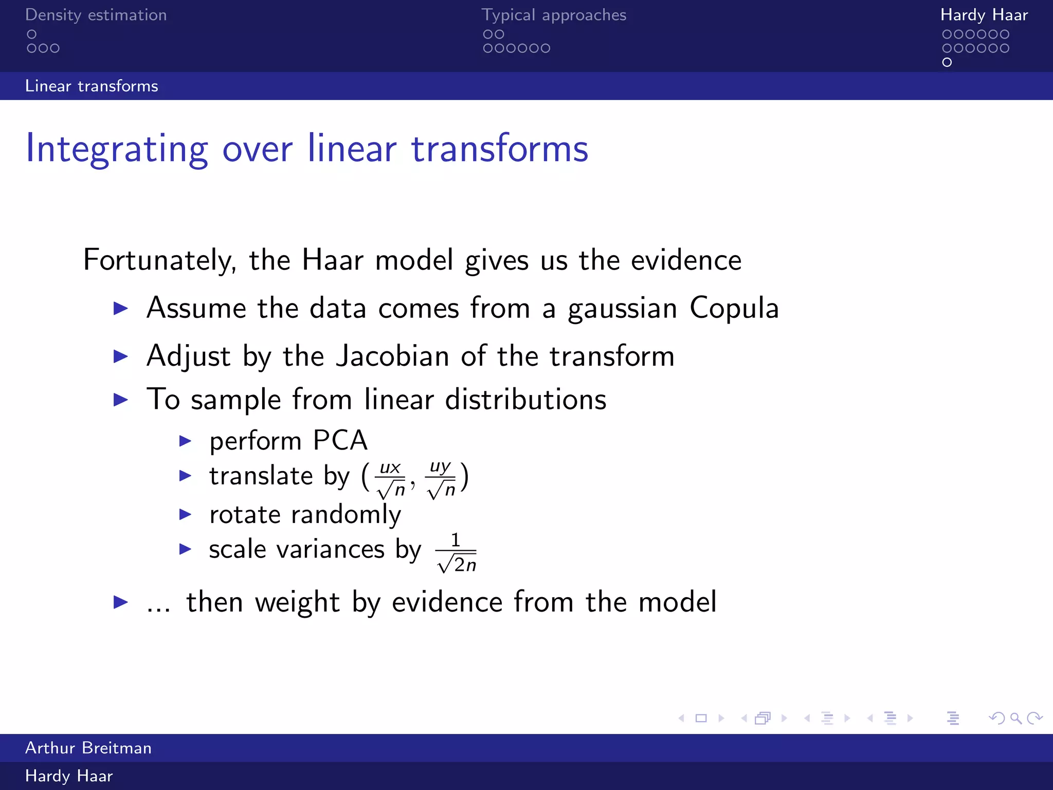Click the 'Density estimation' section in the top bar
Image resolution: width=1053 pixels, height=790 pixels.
pos(96,15)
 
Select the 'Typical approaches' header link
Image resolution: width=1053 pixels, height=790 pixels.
pos(554,15)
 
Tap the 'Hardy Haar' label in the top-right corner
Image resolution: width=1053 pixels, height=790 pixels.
pos(984,15)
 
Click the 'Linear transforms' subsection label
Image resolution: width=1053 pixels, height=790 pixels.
pos(92,86)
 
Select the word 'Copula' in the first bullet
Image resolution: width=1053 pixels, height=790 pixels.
pos(734,309)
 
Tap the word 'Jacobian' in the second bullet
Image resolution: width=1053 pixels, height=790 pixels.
pos(392,356)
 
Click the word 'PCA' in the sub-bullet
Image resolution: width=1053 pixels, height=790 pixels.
pos(340,441)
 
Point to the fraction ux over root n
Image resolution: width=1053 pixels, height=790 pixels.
pos(391,480)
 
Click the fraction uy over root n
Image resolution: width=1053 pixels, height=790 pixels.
pos(441,480)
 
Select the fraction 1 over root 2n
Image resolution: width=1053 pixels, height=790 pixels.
pos(456,553)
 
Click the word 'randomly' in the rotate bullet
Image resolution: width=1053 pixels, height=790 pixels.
pos(346,515)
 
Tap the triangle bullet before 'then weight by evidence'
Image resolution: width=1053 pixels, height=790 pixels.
pos(120,602)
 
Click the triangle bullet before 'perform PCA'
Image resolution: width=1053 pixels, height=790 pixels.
pos(185,441)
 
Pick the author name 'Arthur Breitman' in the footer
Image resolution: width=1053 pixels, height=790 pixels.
pos(88,748)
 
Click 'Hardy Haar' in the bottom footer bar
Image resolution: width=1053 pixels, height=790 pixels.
pos(69,776)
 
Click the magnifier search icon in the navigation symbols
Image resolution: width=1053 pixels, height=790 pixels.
pos(1015,718)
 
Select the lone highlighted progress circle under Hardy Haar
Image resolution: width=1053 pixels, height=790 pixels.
pos(947,62)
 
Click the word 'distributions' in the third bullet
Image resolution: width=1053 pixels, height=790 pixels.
pos(525,400)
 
